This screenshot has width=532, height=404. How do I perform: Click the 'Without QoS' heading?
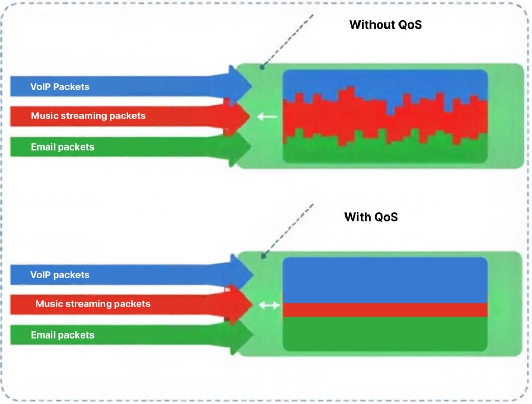[x=385, y=24]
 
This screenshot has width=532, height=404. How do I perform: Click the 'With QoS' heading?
[x=371, y=217]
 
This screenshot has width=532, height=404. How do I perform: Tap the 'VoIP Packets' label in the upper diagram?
[x=60, y=87]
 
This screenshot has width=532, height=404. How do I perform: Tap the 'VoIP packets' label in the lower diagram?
[x=60, y=275]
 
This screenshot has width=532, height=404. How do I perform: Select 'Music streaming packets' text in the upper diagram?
[x=88, y=116]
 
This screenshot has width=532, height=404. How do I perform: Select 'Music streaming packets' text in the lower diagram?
[x=93, y=304]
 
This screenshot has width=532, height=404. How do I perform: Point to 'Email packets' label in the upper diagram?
[x=62, y=147]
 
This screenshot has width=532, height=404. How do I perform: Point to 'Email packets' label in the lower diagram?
[x=62, y=335]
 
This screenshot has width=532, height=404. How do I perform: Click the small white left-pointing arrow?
[x=267, y=117]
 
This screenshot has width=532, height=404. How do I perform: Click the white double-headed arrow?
[x=269, y=306]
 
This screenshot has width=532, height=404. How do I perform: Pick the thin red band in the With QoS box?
[x=384, y=309]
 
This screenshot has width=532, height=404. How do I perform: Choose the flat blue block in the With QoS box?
[x=384, y=279]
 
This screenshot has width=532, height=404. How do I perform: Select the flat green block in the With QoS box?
[x=384, y=333]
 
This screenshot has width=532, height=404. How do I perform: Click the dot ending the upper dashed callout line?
[x=263, y=67]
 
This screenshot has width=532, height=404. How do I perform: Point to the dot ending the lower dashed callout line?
[x=263, y=255]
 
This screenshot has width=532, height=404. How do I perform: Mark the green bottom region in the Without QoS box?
[x=384, y=151]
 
